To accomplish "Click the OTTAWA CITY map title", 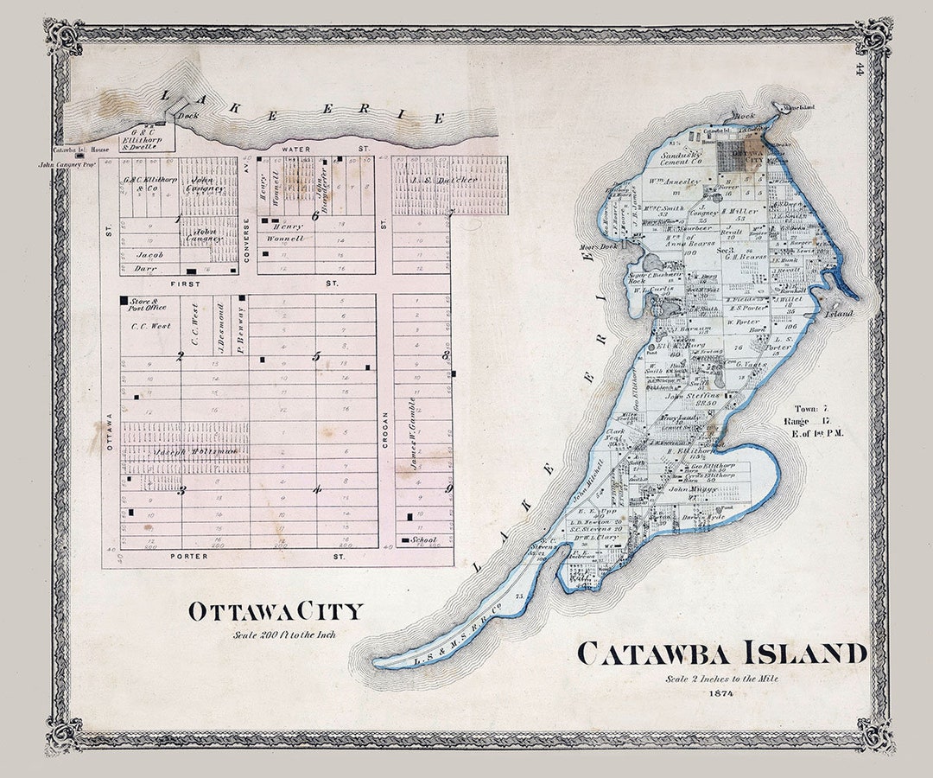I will click(276, 611).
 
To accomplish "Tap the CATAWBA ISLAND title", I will click(721, 654).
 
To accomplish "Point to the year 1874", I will click(720, 692).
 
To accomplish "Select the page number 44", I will click(860, 67).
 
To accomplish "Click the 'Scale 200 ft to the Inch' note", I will click(283, 635).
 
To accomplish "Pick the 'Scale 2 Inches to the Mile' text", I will click(721, 679).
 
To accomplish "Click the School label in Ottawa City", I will click(424, 540).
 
